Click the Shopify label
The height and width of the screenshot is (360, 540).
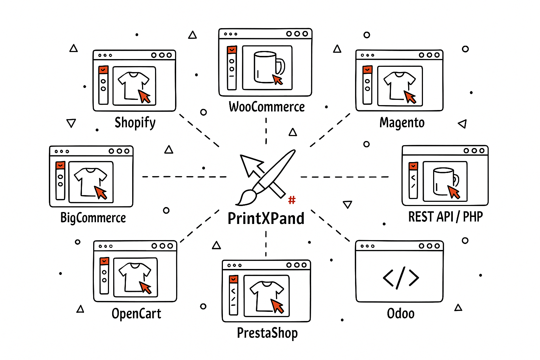point(135,123)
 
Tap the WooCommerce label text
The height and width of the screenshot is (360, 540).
point(266,107)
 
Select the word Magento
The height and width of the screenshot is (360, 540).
point(402,123)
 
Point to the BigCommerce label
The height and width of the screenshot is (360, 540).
point(93,218)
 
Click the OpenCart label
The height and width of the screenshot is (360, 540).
point(136,314)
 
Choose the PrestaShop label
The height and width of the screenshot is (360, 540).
point(267,333)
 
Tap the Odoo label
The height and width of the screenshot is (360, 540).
point(400,314)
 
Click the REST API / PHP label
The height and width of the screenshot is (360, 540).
point(445,217)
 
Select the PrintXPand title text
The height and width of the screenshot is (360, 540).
point(266,218)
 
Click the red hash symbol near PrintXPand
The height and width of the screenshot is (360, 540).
point(292,200)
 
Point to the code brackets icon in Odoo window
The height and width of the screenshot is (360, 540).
point(401,278)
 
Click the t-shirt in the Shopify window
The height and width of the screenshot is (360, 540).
point(133,84)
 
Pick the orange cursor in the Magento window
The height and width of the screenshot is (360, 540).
point(410,97)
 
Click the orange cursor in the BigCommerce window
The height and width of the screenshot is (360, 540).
point(101,193)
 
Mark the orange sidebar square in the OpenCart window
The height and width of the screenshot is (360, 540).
point(104,261)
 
